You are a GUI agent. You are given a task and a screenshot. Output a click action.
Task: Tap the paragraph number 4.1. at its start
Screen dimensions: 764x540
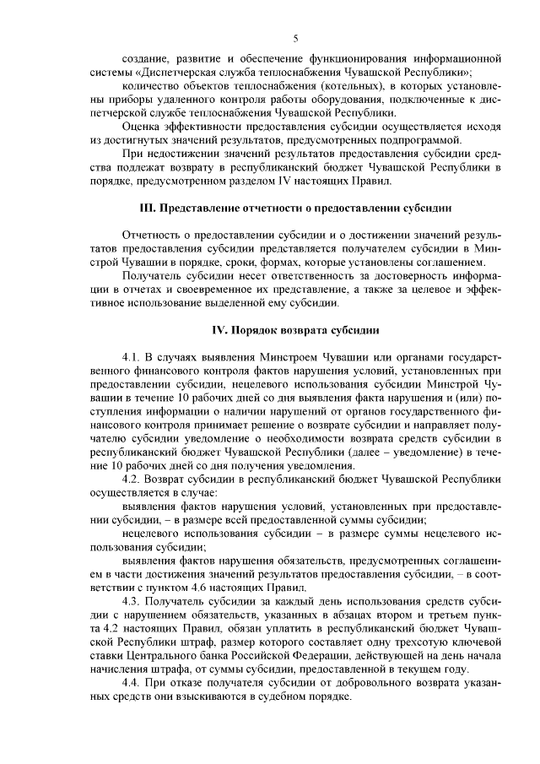134,357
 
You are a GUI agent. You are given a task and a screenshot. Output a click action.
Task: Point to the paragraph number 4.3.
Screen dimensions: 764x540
134,600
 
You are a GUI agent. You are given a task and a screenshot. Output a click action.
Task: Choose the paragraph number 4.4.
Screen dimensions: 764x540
134,681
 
